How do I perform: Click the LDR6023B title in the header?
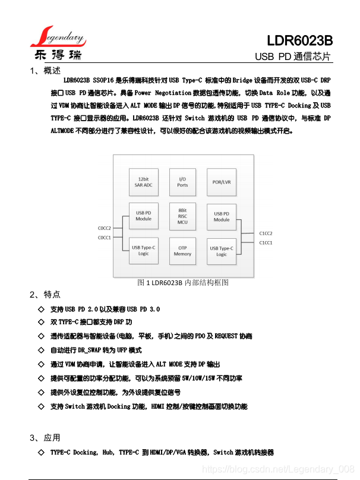click(x=299, y=41)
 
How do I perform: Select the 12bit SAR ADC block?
click(x=143, y=181)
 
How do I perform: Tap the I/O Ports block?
click(x=182, y=181)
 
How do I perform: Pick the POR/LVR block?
click(x=222, y=181)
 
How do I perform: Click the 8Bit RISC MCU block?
click(x=182, y=216)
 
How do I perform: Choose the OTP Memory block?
click(x=182, y=251)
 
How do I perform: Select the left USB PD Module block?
click(x=143, y=216)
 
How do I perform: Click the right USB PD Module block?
click(x=222, y=216)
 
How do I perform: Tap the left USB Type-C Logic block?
click(x=143, y=250)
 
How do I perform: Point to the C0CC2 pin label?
click(x=105, y=229)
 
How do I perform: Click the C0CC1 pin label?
click(x=105, y=238)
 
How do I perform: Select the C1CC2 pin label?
click(x=266, y=233)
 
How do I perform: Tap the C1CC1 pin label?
click(x=266, y=242)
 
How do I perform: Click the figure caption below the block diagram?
click(x=182, y=283)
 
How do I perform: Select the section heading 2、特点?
click(x=45, y=295)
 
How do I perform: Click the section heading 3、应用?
click(x=45, y=438)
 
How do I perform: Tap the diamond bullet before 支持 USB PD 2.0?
click(x=41, y=310)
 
